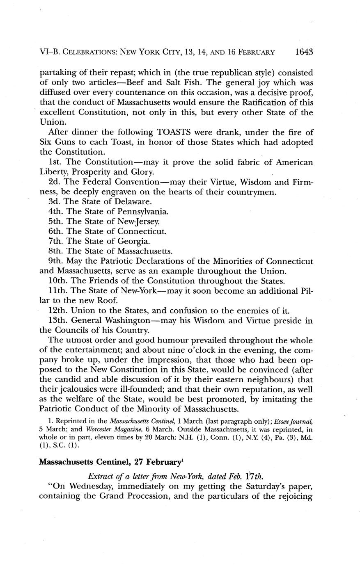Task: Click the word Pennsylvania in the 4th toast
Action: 143,212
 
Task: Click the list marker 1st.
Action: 55,162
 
